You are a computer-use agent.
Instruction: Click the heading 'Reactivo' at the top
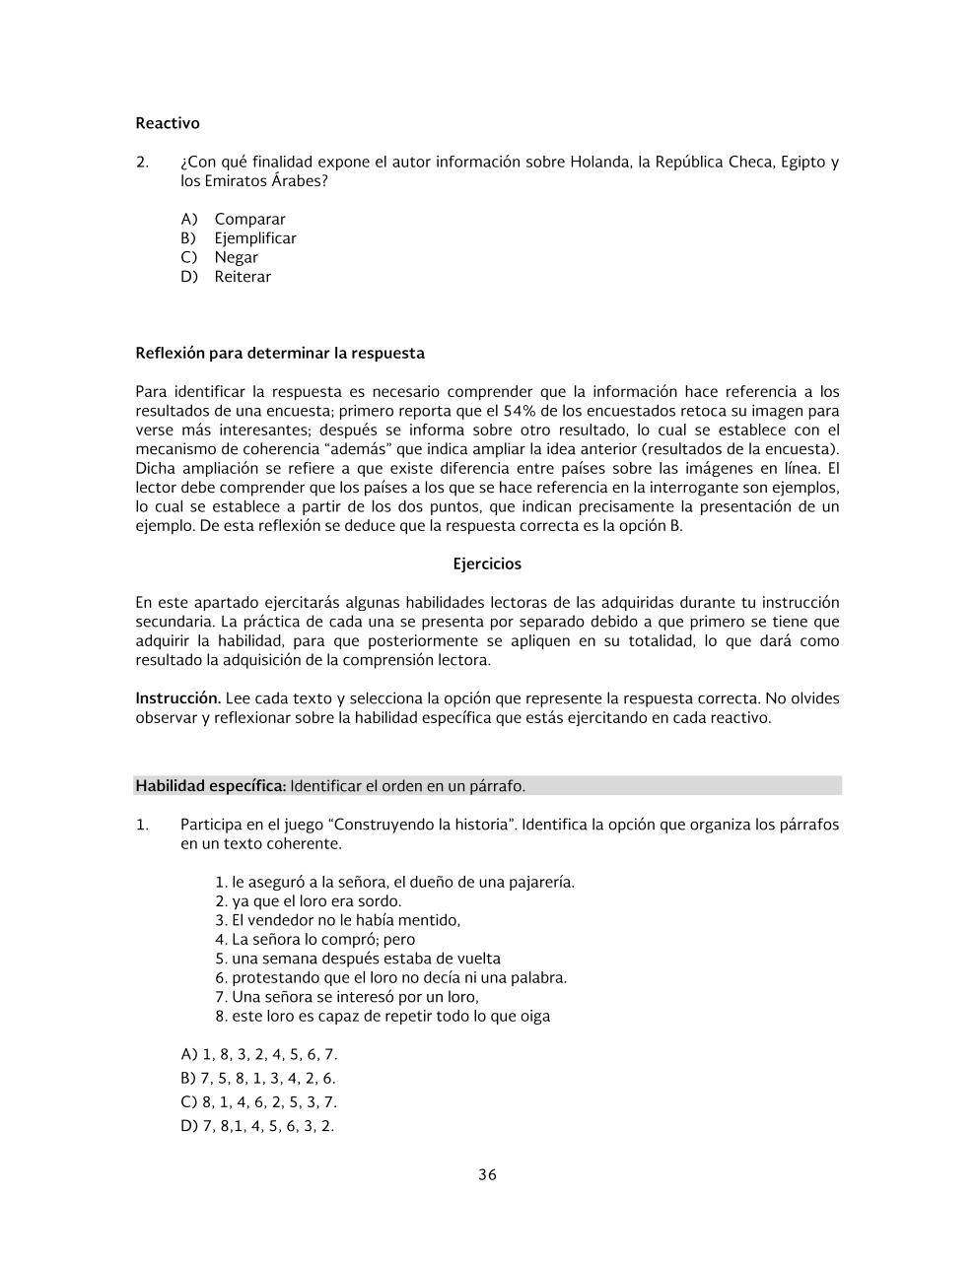point(167,123)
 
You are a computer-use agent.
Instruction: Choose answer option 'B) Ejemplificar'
point(238,238)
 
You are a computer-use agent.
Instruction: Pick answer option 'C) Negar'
point(219,257)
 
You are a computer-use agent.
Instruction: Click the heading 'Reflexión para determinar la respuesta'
point(280,353)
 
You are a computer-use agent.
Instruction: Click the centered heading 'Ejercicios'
point(487,564)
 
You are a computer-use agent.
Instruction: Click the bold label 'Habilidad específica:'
point(211,786)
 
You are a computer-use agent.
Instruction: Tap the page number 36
point(487,1174)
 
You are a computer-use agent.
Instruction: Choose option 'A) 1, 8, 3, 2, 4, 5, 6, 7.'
point(259,1054)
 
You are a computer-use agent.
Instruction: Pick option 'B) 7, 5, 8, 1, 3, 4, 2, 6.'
point(258,1079)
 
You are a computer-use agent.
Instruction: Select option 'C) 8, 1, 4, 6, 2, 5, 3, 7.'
point(259,1102)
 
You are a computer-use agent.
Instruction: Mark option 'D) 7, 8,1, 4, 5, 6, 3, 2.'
point(257,1126)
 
